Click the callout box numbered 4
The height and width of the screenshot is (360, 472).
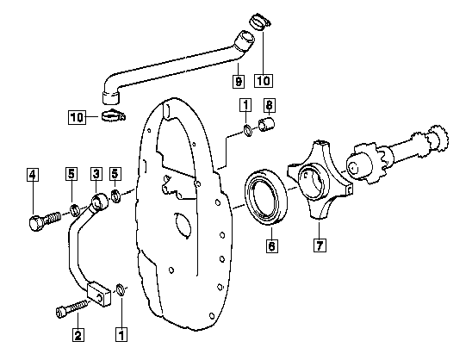pos(33,174)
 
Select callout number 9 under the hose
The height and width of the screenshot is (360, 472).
pos(239,81)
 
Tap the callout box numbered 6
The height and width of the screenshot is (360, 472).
pos(272,245)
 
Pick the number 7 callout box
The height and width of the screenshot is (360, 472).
pos(320,245)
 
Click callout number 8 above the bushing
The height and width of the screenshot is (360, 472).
pos(269,105)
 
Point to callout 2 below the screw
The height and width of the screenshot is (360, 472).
pos(78,335)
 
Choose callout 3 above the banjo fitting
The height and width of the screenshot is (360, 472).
pos(96,173)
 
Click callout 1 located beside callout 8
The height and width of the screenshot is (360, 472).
pos(245,105)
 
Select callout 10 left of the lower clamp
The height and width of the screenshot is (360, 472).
pos(77,117)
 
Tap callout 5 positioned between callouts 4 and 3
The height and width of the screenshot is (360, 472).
pos(71,174)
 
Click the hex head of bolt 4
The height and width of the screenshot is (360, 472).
pos(35,223)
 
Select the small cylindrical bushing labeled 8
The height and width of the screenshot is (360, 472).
pos(266,125)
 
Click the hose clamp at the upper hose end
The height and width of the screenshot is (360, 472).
pos(260,22)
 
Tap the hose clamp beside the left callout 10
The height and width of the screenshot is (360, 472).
pos(114,115)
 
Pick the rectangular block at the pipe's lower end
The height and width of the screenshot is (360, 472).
pos(99,294)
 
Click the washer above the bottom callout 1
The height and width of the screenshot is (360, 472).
pos(121,289)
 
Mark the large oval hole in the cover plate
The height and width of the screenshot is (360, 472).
pos(183,225)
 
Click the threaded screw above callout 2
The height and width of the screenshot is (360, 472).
pos(73,308)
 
